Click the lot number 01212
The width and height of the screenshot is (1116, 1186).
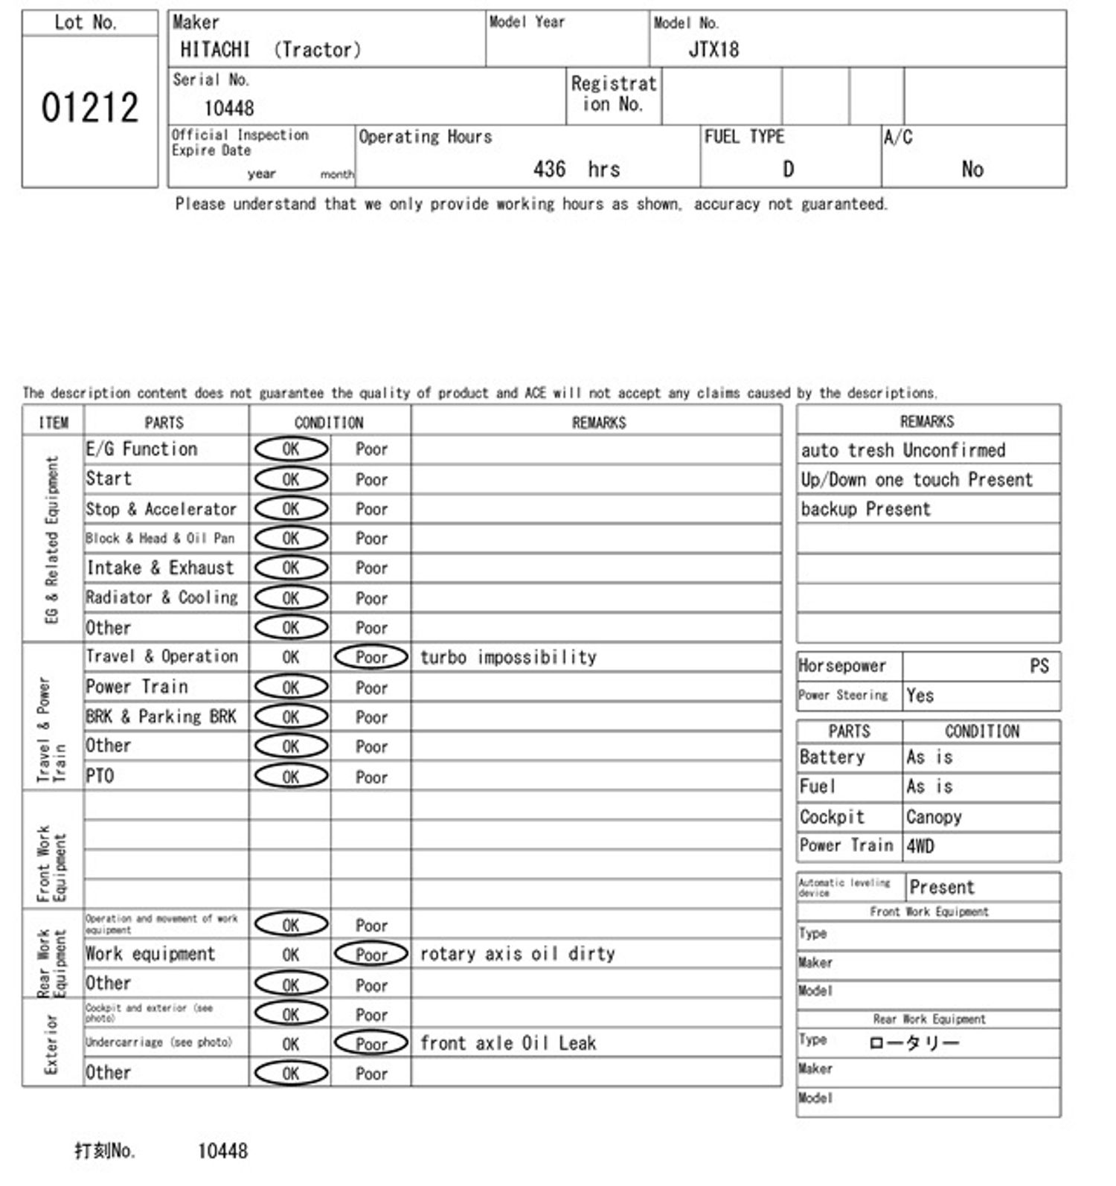(90, 108)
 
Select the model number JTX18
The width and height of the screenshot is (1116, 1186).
(713, 50)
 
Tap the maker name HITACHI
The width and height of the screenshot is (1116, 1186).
(215, 50)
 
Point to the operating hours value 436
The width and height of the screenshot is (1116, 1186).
(550, 170)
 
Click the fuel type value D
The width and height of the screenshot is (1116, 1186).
(789, 170)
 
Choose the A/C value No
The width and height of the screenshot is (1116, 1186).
(972, 170)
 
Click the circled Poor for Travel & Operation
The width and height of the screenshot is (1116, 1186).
(371, 658)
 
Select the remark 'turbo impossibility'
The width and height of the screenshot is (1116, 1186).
(508, 658)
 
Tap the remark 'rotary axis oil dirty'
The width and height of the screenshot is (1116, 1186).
(518, 955)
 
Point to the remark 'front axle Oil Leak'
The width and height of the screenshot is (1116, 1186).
(508, 1044)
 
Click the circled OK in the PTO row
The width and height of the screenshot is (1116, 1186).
(291, 777)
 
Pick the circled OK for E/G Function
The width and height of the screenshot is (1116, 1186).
(291, 449)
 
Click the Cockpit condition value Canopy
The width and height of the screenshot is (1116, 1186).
(934, 818)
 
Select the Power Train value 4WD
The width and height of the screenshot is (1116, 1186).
(920, 847)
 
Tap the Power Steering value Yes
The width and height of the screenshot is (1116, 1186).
(920, 696)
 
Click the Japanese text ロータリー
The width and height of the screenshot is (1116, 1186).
(914, 1043)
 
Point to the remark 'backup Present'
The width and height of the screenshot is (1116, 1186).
(865, 510)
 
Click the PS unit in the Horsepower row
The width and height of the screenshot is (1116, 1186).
(1039, 666)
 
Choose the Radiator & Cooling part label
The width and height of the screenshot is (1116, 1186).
(162, 598)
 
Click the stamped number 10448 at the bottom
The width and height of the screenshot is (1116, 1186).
(222, 1152)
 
